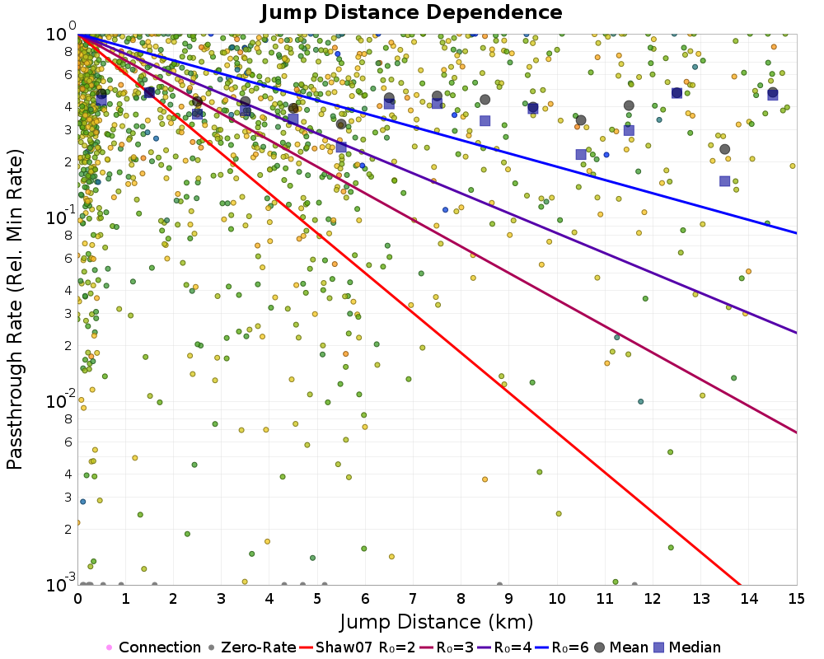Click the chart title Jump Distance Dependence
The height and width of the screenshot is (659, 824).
[411, 12]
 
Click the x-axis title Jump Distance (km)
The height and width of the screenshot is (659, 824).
[437, 622]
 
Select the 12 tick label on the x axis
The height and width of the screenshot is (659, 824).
[653, 599]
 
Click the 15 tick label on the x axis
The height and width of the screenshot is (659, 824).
[797, 599]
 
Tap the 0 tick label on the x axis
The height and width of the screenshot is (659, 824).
[77, 599]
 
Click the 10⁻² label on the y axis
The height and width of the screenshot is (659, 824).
[61, 399]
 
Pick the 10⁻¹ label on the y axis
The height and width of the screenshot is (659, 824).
[61, 215]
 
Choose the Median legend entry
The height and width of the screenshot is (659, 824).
[686, 647]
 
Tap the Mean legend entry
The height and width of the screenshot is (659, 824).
[620, 647]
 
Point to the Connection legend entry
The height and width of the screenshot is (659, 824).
[153, 647]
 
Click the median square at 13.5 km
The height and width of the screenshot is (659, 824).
[724, 180]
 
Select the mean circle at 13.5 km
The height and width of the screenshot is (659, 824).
[724, 149]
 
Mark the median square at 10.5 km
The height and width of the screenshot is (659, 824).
[581, 154]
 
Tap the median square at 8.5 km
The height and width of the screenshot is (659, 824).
[485, 121]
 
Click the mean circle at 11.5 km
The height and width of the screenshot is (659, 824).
[629, 105]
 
